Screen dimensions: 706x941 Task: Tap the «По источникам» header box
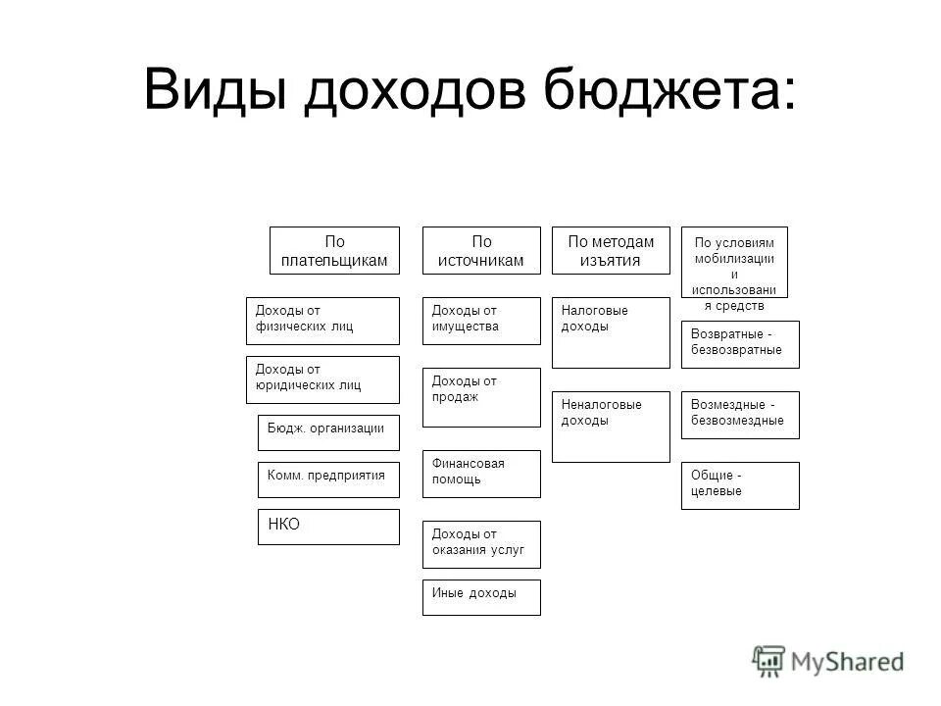coord(481,250)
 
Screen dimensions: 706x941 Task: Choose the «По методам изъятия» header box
coord(611,250)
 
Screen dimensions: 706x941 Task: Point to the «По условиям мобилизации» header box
coord(734,262)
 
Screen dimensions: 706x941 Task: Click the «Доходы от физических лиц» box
coord(322,321)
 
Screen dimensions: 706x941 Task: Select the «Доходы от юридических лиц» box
coord(322,379)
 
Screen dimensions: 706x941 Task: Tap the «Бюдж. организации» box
coord(328,432)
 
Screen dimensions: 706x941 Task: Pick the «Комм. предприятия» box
coord(328,479)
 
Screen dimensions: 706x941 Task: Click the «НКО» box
coord(328,527)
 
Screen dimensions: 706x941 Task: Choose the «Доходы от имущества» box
coord(481,321)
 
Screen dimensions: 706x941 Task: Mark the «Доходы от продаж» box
coord(481,397)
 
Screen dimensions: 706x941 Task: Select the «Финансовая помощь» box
coord(481,474)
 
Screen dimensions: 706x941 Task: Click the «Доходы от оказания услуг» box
coord(481,544)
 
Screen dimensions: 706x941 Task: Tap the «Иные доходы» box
coord(481,597)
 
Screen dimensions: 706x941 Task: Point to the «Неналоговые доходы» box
coord(611,427)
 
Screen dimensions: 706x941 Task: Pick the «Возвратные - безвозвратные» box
coord(740,344)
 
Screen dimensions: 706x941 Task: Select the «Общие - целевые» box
coord(740,485)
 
